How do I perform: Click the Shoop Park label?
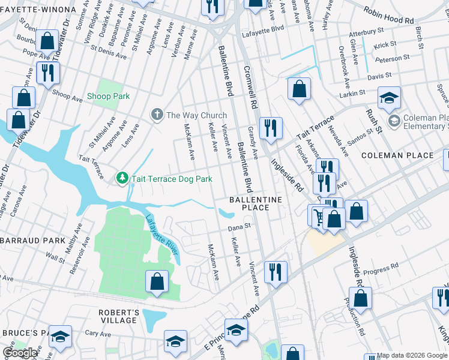pos(108,96)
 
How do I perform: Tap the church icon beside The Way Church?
pos(157,115)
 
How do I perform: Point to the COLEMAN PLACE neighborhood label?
pos(397,155)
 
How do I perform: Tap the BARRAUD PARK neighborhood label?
pos(32,240)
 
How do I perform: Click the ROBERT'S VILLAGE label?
pos(119,316)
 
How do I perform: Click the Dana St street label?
pos(238,228)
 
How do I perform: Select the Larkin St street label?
pos(352,93)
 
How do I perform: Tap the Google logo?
pos(20,353)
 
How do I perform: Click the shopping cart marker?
pos(319,215)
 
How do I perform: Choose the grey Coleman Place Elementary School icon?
pos(394,122)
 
